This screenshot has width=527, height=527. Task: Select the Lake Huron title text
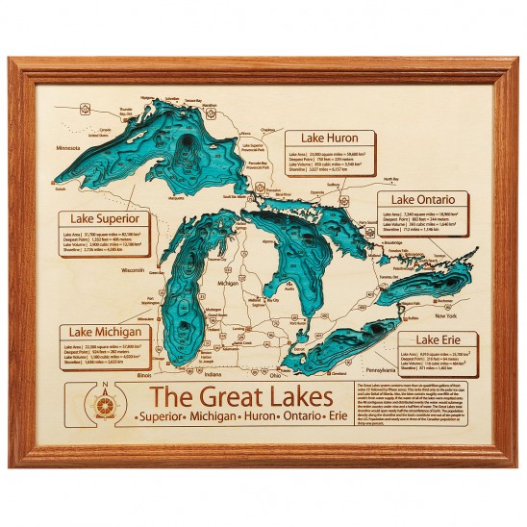click(329, 138)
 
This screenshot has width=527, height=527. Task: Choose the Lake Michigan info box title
click(106, 332)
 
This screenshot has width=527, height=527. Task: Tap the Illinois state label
click(146, 376)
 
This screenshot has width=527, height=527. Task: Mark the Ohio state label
click(277, 376)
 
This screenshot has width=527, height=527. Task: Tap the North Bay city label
click(389, 180)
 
